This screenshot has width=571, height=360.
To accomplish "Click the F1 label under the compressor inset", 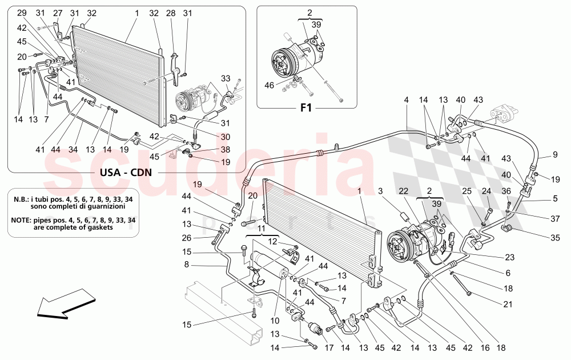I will (x=307, y=107).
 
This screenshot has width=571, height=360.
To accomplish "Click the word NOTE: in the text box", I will (x=25, y=219).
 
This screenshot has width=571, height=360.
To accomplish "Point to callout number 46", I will (x=270, y=85).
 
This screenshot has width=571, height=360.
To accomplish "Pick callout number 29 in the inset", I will (x=21, y=13).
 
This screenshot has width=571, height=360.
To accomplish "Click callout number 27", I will (x=58, y=13).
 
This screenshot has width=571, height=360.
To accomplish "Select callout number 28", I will (x=171, y=13).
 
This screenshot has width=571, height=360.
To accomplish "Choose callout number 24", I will (x=487, y=191).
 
